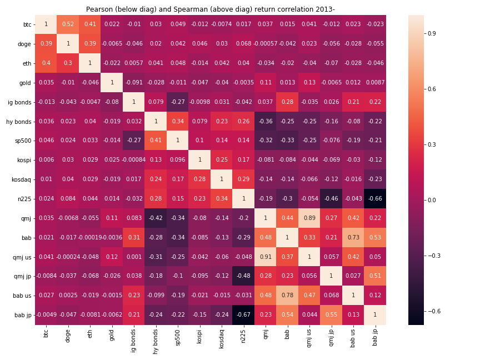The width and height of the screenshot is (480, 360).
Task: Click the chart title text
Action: pos(211,9)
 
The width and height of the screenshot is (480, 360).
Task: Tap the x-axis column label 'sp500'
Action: pos(177,338)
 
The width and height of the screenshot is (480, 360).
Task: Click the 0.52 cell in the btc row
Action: pos(68,24)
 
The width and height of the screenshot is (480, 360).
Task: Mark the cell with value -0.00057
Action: pos(265,44)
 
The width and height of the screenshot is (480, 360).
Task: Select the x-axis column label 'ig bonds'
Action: pos(133,339)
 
